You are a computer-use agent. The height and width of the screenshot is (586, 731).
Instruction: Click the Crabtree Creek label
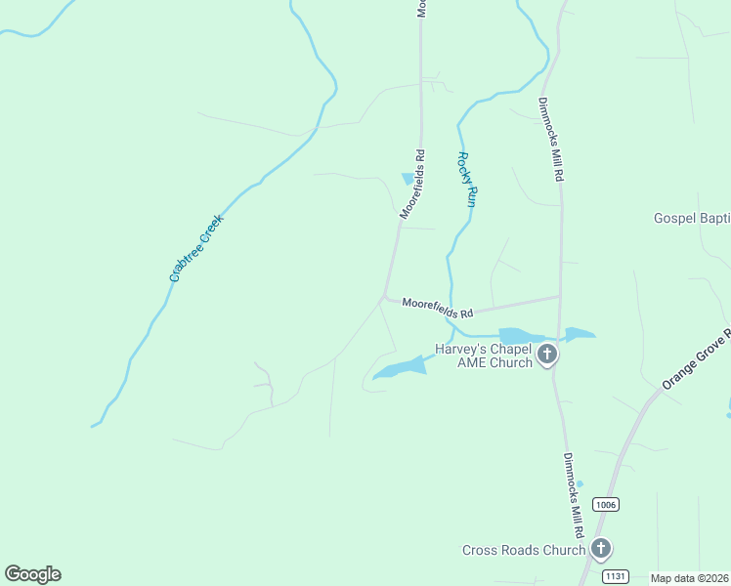click(197, 248)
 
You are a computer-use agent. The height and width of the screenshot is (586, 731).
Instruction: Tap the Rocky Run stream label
click(467, 179)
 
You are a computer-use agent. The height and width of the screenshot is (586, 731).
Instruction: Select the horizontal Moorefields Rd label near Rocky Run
click(438, 308)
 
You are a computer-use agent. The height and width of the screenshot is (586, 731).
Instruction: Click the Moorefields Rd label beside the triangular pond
click(413, 183)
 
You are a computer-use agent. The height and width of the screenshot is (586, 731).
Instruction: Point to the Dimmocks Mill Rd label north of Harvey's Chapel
click(551, 140)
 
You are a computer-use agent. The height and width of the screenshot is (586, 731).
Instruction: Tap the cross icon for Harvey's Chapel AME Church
click(547, 355)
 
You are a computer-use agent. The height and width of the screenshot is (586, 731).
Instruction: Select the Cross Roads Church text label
click(523, 550)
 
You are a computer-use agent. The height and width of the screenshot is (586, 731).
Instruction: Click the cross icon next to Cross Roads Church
click(601, 549)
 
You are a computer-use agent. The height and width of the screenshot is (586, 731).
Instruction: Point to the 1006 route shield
click(606, 504)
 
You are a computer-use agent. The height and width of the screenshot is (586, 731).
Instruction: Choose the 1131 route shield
click(614, 575)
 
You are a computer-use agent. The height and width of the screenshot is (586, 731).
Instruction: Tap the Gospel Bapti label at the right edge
click(692, 219)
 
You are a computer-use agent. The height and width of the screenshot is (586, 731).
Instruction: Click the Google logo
click(32, 574)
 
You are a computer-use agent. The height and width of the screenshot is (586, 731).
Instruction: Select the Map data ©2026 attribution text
click(690, 578)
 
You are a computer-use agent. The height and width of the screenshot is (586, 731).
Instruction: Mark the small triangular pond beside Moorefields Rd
click(408, 178)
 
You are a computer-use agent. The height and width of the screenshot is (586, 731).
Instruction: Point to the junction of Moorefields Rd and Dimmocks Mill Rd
click(559, 296)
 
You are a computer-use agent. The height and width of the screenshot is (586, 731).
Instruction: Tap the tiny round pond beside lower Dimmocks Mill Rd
click(580, 483)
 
